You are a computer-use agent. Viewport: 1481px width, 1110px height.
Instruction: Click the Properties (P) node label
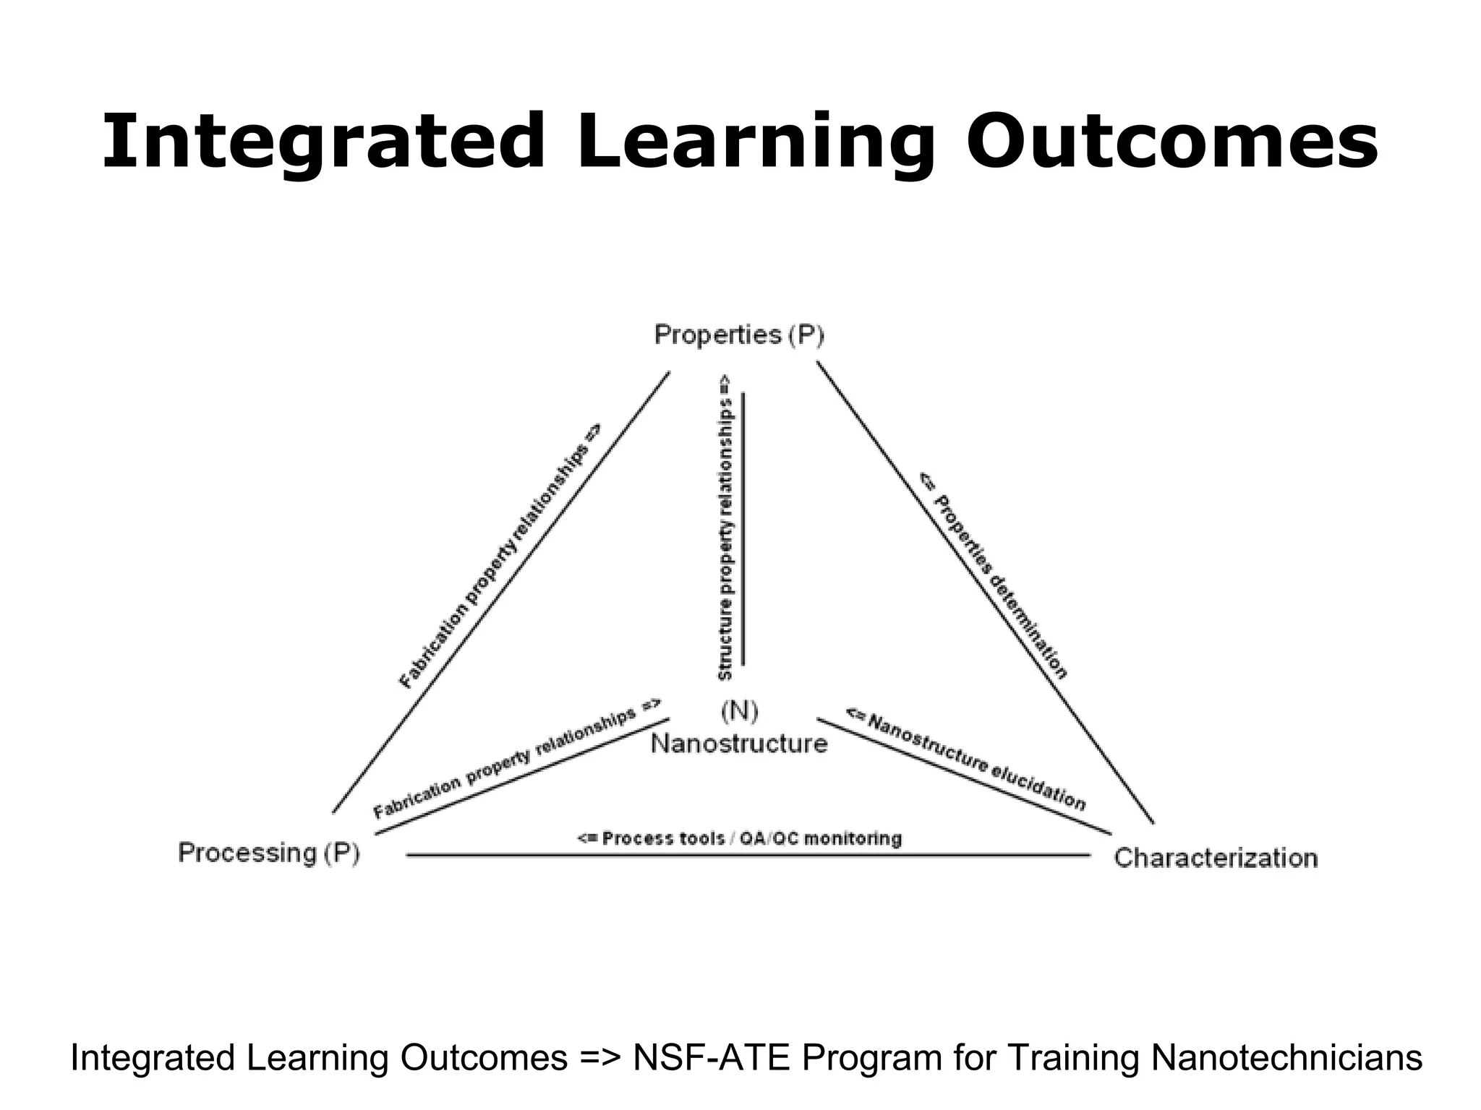click(739, 335)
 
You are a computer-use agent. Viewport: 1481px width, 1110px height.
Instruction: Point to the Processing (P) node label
click(269, 853)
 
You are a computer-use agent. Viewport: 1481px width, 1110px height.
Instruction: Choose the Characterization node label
click(1216, 858)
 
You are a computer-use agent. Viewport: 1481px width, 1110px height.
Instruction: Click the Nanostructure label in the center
click(739, 743)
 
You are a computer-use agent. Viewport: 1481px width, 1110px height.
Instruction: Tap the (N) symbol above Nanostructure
click(739, 711)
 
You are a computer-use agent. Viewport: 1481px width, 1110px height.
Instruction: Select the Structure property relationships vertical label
click(725, 528)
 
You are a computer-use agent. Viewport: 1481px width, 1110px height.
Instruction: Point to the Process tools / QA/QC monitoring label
click(739, 838)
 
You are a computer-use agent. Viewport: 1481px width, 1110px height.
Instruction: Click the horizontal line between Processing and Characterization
click(748, 855)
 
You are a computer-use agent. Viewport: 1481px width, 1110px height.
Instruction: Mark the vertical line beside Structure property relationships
click(743, 528)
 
